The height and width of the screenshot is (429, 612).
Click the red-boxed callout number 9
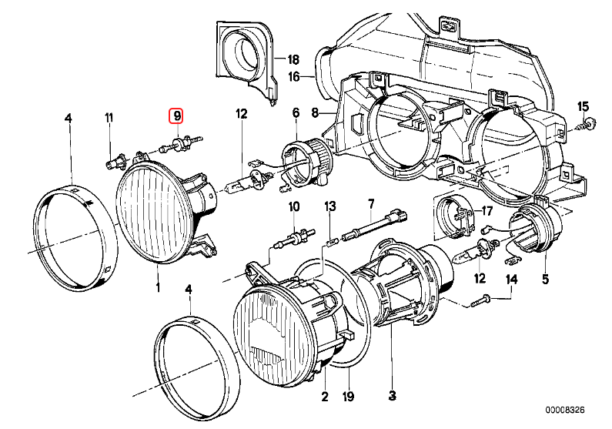[x=177, y=116]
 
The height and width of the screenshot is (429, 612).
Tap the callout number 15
[x=582, y=106]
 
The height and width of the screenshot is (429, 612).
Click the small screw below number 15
[x=589, y=122]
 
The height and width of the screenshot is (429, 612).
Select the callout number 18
[x=293, y=60]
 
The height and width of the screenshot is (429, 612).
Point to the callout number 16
[x=293, y=76]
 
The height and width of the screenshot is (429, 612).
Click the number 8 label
[x=314, y=113]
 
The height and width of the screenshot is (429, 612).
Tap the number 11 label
[x=109, y=117]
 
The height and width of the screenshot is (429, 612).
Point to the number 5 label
[x=545, y=279]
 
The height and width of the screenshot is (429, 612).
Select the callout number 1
[x=158, y=288]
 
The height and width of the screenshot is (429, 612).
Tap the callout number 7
[x=370, y=203]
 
